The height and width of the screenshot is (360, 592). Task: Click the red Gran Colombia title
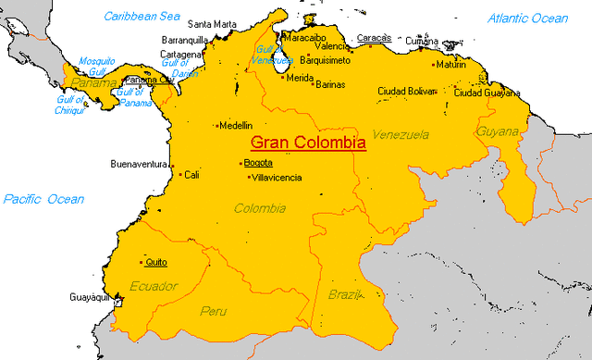(x=308, y=143)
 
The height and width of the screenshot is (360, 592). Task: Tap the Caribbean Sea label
(x=142, y=16)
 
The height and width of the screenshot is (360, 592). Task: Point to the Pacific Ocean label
(x=43, y=199)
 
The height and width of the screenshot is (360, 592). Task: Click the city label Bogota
(x=258, y=163)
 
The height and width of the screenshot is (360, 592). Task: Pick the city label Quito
(x=156, y=262)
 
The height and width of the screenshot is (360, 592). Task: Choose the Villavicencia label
(x=277, y=178)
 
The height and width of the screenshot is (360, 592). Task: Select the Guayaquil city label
(x=90, y=297)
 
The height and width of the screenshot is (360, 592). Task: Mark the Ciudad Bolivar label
(x=406, y=91)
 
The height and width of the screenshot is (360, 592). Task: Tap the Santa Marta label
(x=211, y=24)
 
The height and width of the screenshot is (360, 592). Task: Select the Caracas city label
(x=374, y=38)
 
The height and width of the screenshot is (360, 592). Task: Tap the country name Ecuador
(x=153, y=286)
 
